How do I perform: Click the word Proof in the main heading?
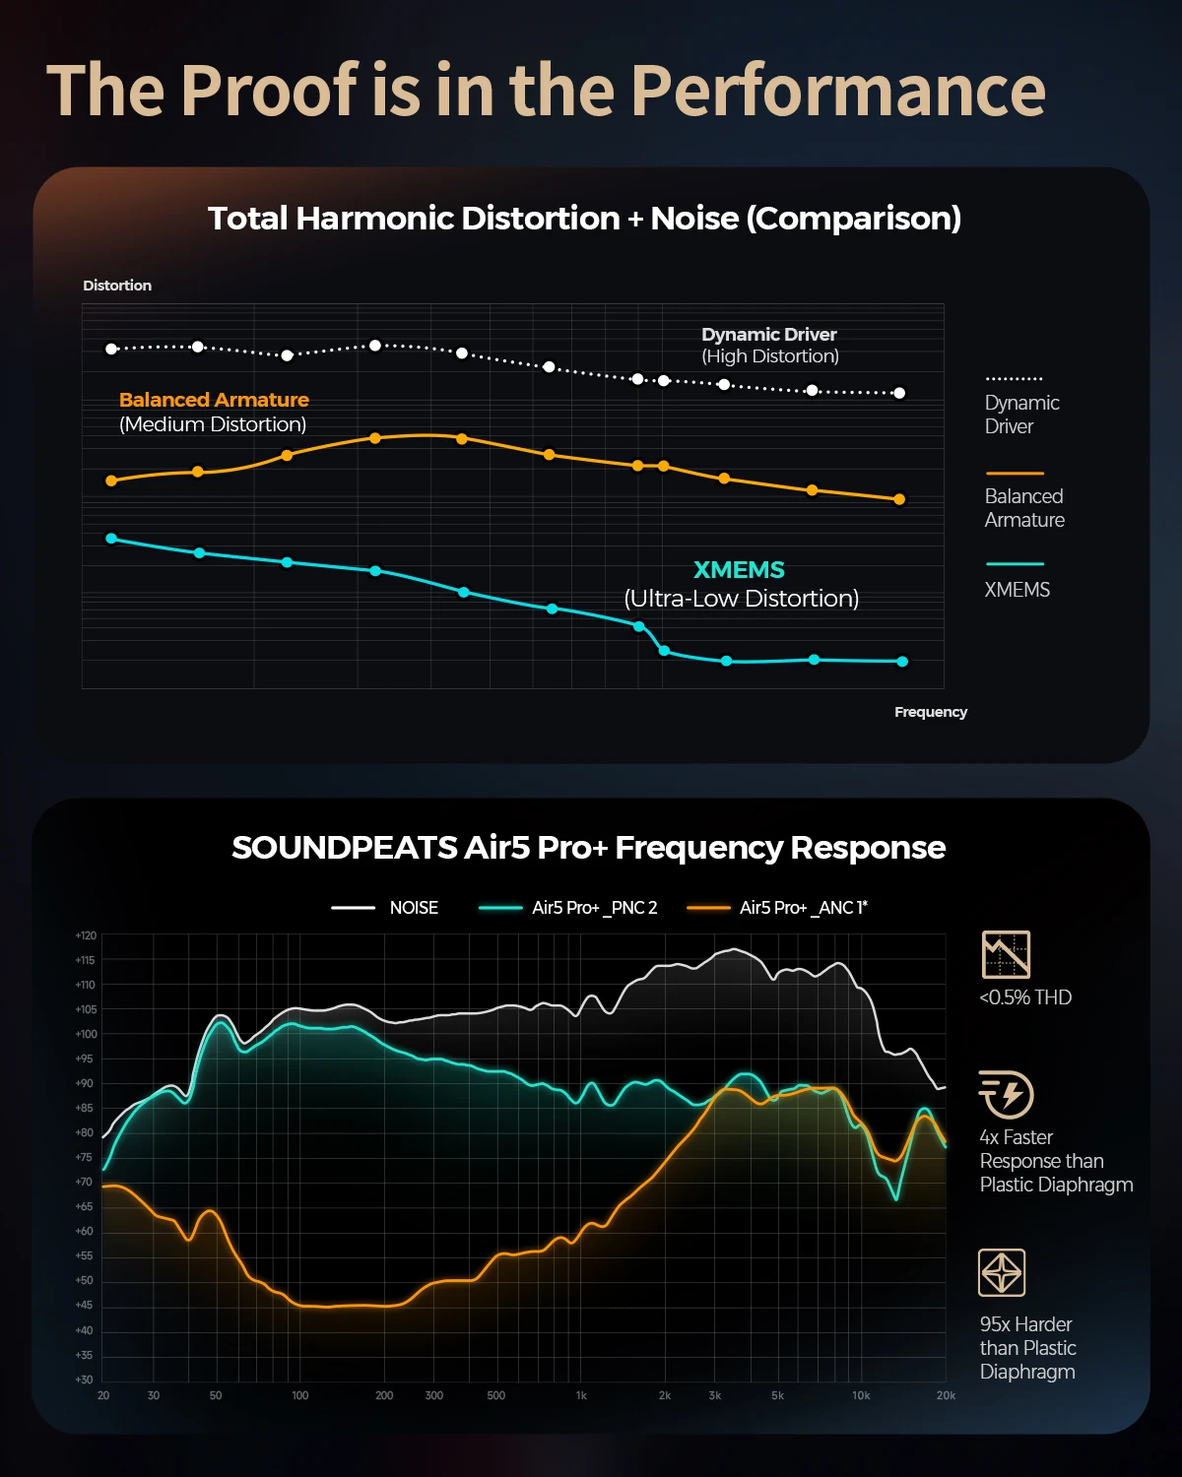[270, 91]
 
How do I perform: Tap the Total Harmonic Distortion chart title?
[584, 219]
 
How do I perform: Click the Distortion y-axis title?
[117, 286]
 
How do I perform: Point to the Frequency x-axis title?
[930, 712]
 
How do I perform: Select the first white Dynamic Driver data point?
[111, 349]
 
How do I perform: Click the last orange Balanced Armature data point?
[899, 499]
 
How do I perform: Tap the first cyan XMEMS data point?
[111, 539]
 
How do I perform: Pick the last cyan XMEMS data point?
[902, 662]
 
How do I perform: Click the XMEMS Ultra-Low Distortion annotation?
[741, 584]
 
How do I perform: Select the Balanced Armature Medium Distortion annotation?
[214, 412]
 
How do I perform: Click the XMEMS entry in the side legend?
[1017, 590]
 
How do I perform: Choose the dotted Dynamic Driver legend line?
[1014, 379]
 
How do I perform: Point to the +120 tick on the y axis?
[86, 935]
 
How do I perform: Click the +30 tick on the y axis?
[86, 1380]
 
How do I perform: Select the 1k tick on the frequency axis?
[581, 1395]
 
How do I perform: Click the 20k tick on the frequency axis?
[946, 1395]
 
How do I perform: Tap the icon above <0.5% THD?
[1006, 954]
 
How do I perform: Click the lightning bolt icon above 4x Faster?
[1006, 1094]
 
